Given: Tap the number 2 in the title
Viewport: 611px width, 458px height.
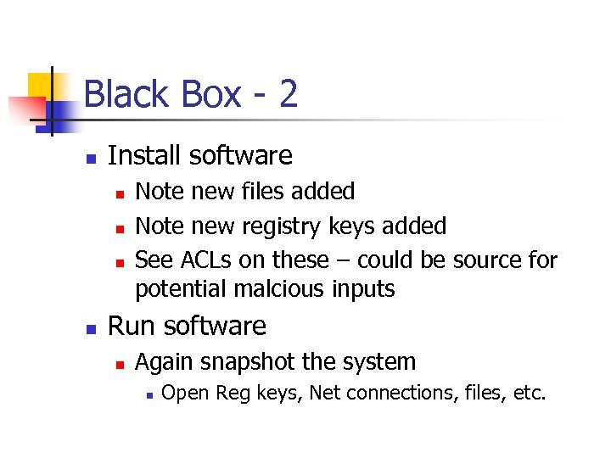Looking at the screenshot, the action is point(288,93).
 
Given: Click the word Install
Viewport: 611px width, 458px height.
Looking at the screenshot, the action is point(145,156).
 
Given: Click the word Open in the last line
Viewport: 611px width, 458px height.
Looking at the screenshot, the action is point(186,394).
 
